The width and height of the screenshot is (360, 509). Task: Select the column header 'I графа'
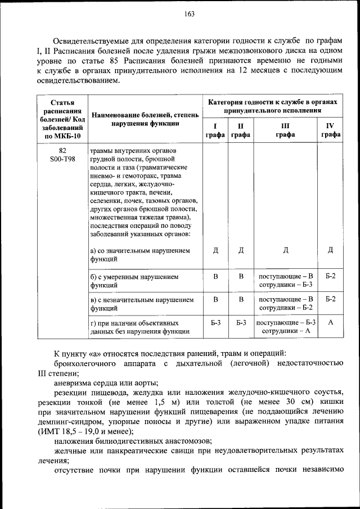(x=215, y=130)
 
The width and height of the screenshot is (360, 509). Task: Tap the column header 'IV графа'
(x=330, y=130)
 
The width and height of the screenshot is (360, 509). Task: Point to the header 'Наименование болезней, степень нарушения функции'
(x=145, y=119)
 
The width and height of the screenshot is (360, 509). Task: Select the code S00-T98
(x=62, y=160)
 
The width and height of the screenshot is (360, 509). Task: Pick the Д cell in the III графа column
(x=285, y=250)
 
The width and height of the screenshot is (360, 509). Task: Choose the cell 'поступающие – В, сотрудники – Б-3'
(x=285, y=281)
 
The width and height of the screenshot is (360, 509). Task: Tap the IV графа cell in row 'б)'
(x=330, y=277)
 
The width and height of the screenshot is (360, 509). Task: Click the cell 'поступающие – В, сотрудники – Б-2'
(x=285, y=304)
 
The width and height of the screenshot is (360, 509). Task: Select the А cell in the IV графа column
(x=330, y=322)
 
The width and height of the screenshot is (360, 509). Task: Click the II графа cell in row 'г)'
(x=241, y=322)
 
